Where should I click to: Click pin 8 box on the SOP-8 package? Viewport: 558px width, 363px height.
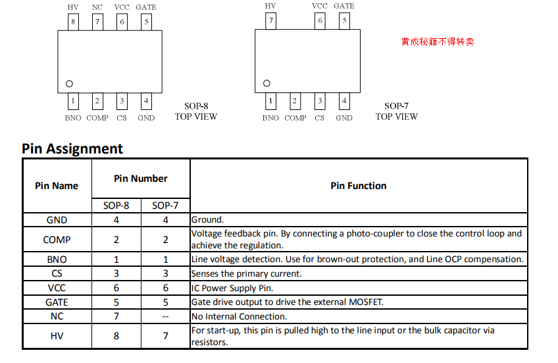(x=73, y=22)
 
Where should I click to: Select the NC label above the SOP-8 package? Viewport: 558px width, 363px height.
(x=97, y=7)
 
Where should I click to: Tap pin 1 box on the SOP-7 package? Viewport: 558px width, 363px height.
(x=270, y=101)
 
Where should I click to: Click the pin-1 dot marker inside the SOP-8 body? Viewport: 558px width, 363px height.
(x=69, y=84)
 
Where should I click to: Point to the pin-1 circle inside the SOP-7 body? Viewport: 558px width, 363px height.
(x=266, y=84)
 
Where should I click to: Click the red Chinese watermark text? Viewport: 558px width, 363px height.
(x=437, y=42)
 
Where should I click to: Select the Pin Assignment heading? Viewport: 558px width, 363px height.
(x=72, y=149)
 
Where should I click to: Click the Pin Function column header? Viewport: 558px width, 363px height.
(x=359, y=186)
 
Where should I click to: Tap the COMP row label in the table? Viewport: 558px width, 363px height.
(x=57, y=240)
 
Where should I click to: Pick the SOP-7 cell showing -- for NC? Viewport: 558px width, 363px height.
(x=165, y=316)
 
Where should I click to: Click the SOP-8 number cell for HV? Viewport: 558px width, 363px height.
(x=116, y=336)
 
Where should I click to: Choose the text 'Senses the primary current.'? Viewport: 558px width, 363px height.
(x=246, y=273)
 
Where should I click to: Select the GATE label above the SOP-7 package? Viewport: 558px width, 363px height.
(x=344, y=7)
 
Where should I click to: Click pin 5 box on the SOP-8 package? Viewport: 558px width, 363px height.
(x=147, y=22)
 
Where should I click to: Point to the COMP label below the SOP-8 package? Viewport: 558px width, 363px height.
(x=97, y=118)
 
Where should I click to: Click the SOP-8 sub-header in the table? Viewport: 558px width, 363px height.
(x=116, y=206)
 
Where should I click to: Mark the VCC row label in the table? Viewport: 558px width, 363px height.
(x=57, y=288)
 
